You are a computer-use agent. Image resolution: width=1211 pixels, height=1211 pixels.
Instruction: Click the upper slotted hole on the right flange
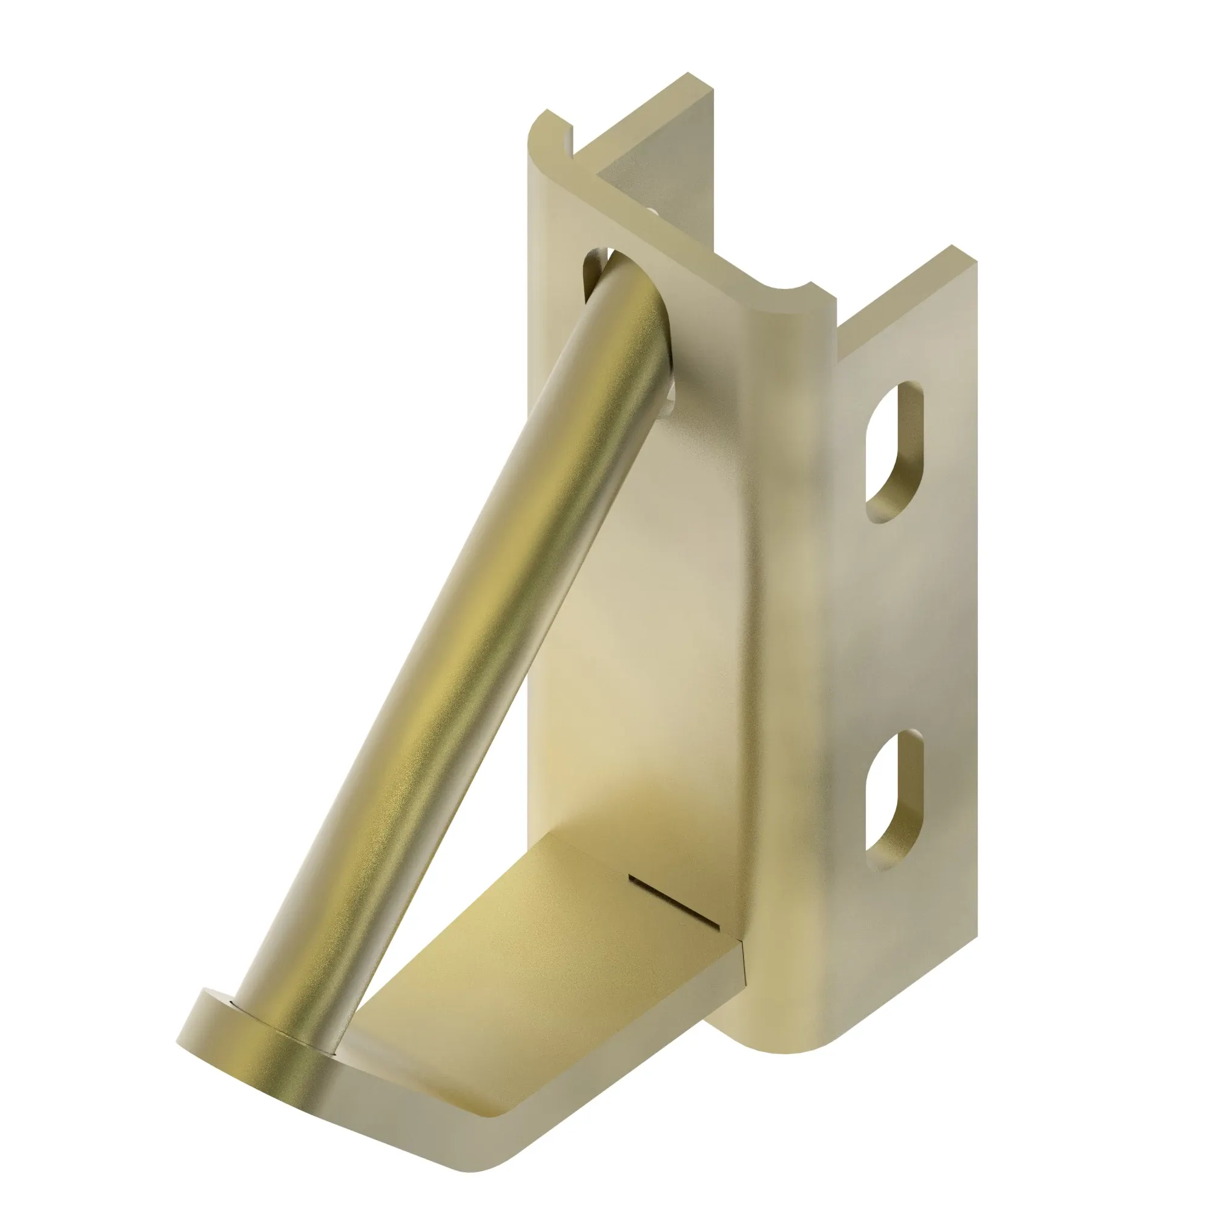(x=894, y=450)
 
